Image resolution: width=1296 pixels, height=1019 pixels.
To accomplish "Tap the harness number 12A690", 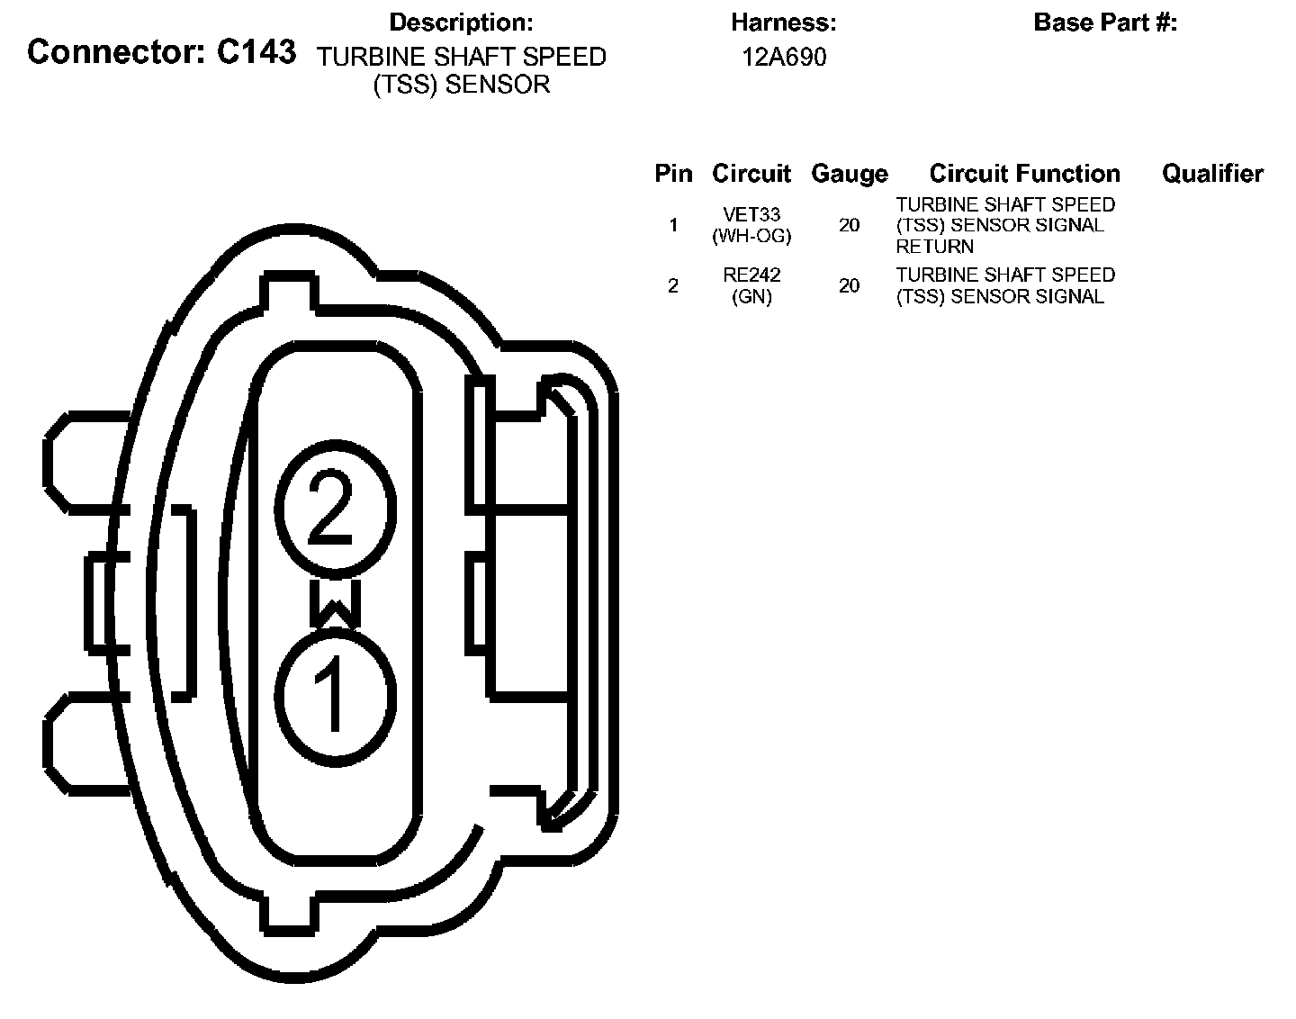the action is pos(784,58).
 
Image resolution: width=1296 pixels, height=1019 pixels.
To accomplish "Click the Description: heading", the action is pos(461,23).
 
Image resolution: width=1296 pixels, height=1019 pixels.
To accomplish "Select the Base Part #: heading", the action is pos(1105,23).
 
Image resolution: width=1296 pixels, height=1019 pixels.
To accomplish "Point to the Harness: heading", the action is pos(784,23).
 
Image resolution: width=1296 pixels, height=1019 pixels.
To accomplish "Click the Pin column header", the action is pos(673,174).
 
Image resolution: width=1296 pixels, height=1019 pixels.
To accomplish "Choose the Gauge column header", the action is pos(849,174).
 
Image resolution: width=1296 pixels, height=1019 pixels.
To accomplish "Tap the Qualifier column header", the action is pos(1212,174).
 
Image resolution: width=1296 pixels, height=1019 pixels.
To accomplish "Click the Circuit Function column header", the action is pos(1024,174).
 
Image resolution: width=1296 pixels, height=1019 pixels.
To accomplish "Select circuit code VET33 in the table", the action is pos(751,215).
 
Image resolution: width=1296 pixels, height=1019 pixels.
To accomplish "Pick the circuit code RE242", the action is pos(751,275).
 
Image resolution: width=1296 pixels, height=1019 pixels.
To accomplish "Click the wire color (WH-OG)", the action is pos(751,236).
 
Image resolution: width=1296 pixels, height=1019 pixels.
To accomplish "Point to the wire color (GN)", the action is pos(751,296).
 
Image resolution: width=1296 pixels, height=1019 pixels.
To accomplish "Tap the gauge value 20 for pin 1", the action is pos(849,225).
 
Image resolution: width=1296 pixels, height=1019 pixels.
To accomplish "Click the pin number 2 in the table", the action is pos(673,286).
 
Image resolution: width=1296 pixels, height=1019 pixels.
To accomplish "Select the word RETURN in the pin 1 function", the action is pos(934,247).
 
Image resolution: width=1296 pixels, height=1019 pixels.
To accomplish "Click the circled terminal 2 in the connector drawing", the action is pos(334,509).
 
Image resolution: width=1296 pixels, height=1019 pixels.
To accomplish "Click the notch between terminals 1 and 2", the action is pos(335,602).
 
